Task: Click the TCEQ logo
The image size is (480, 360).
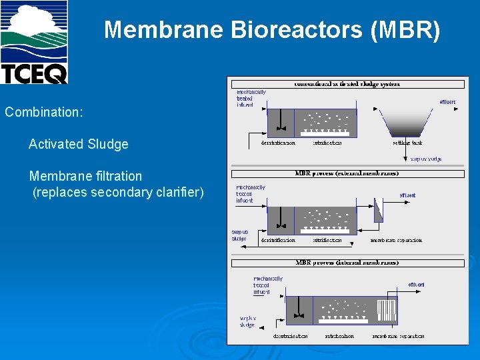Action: tap(34, 42)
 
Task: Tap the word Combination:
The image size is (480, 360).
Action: tap(44, 112)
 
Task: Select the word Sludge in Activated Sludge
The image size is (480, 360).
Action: tap(108, 144)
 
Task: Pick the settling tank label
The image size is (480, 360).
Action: tap(407, 143)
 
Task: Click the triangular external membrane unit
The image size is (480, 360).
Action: tap(379, 213)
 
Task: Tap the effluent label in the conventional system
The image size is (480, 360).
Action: tap(447, 102)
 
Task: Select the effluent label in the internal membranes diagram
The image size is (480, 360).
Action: tap(417, 285)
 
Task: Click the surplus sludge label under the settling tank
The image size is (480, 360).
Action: tap(426, 159)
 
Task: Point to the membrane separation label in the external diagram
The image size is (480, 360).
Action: tap(396, 240)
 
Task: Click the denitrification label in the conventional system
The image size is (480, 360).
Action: tap(278, 143)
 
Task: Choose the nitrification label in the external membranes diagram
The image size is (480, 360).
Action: tap(327, 240)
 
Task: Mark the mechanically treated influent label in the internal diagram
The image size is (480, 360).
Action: tap(267, 285)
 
